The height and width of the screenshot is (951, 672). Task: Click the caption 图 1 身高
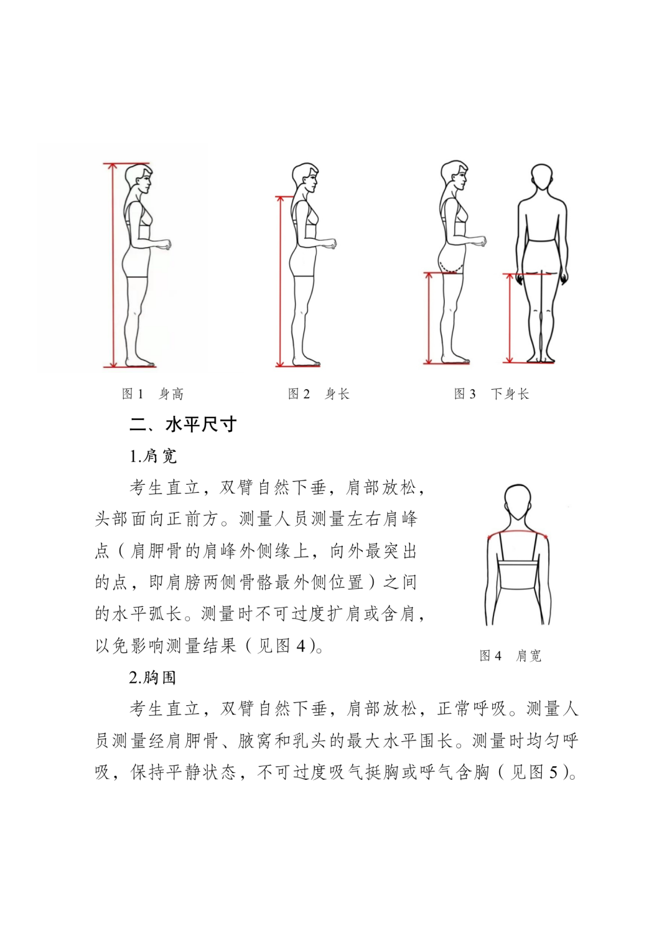coord(152,394)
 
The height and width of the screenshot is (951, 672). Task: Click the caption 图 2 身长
coord(319,394)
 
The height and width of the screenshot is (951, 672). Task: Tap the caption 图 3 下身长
coord(491,394)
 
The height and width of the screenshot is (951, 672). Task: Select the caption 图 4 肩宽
coord(510,656)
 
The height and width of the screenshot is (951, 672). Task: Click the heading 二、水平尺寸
coord(183,424)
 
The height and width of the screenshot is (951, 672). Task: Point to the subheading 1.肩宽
coord(153,456)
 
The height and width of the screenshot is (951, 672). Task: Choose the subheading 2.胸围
coord(152,678)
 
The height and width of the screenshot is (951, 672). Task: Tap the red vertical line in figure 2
coord(280,280)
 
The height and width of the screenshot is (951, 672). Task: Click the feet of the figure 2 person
coord(306,362)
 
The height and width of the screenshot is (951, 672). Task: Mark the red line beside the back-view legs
coord(510,317)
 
